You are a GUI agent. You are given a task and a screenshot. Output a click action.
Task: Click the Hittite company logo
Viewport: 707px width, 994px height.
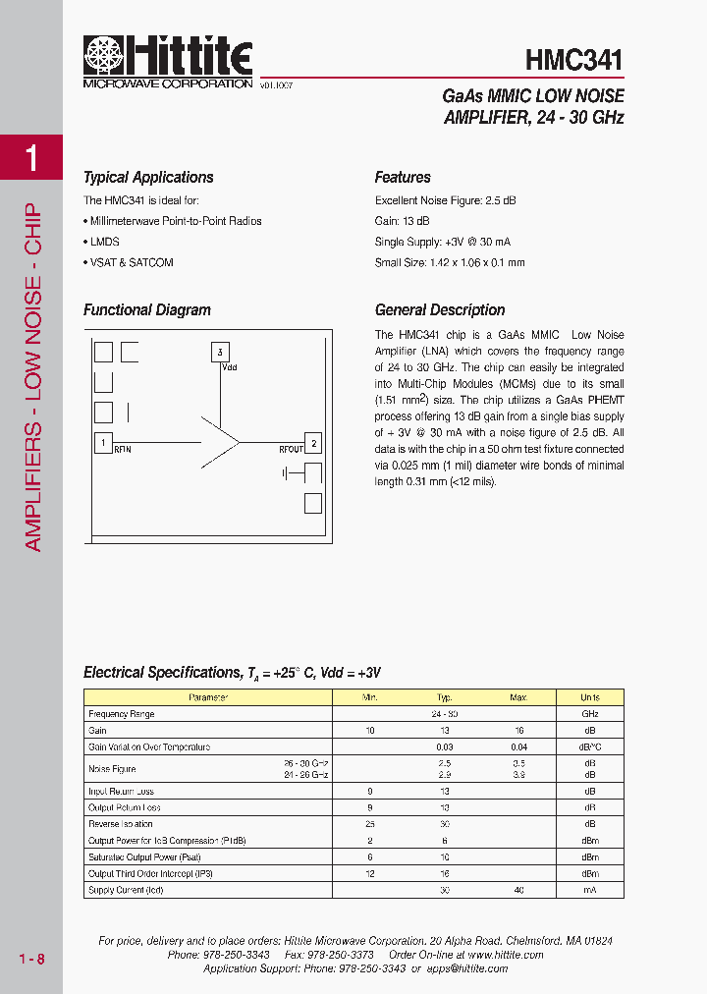[x=168, y=62]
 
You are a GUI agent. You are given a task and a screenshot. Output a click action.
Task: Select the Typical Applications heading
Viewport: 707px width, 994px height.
[x=148, y=178]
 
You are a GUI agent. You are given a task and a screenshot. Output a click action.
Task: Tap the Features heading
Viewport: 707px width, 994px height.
[x=403, y=178]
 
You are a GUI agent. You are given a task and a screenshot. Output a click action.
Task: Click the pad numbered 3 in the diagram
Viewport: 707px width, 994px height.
[x=220, y=352]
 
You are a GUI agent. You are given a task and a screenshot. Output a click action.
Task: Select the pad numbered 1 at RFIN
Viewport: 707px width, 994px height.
[x=102, y=442]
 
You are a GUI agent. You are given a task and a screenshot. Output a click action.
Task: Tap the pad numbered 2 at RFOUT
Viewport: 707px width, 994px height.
[x=313, y=443]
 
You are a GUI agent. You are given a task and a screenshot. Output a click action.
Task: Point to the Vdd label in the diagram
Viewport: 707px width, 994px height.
[x=230, y=367]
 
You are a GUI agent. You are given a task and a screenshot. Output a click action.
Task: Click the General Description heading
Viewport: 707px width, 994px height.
[x=440, y=310]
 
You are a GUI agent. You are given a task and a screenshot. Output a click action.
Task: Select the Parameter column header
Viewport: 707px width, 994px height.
[x=208, y=697]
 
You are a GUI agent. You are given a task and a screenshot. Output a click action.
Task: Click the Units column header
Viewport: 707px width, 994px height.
[x=589, y=697]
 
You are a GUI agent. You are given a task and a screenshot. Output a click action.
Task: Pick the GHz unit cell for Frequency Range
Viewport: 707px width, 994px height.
[x=589, y=714]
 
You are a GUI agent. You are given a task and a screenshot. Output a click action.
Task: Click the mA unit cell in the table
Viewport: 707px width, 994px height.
[x=589, y=890]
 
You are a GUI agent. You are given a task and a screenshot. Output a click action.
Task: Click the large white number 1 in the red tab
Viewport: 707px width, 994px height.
[x=31, y=158]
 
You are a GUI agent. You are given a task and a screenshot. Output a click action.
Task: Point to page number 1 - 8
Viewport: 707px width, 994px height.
[x=31, y=959]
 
